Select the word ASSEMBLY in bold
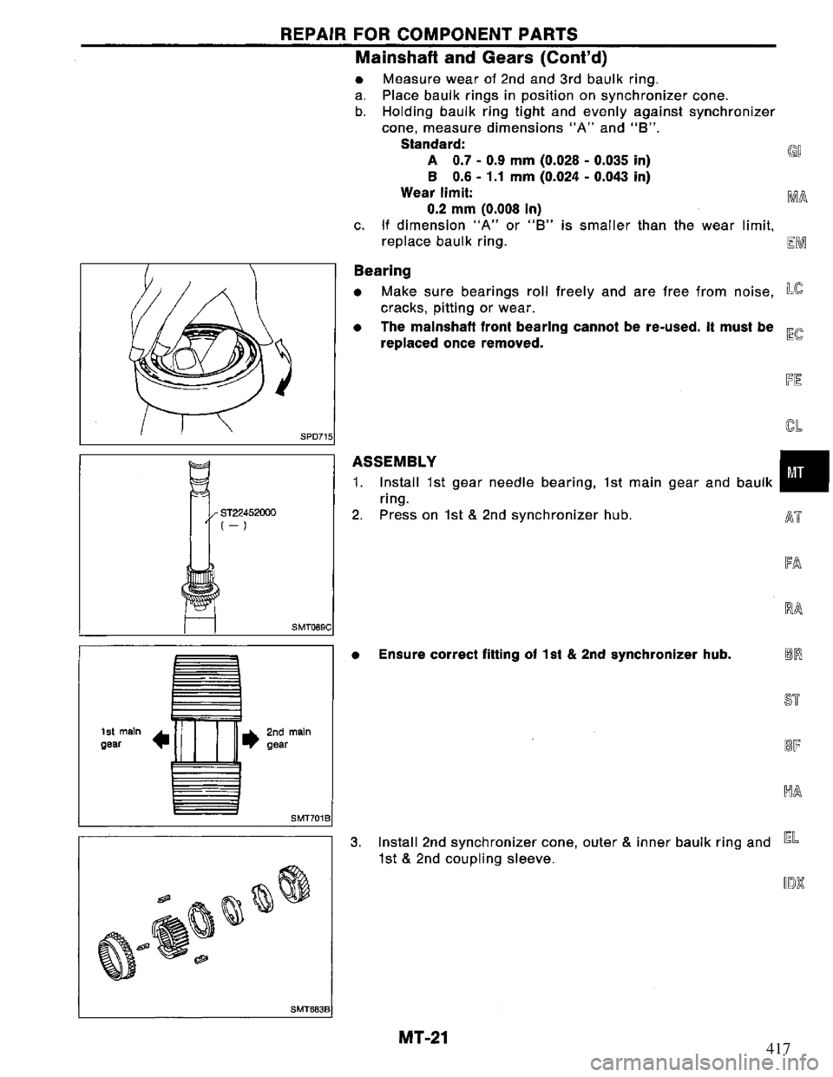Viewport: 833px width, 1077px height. [390, 460]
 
